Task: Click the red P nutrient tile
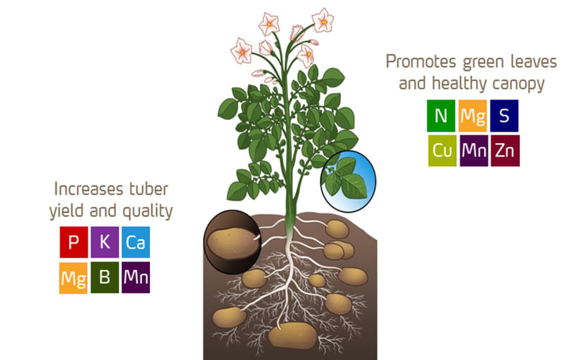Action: [73, 243]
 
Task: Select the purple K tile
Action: [105, 243]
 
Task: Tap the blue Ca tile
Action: [136, 243]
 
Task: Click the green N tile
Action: [441, 115]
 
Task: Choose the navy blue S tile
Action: [504, 115]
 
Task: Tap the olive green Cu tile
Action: [441, 150]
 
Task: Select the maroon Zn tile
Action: [504, 150]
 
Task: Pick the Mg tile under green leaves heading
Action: [473, 115]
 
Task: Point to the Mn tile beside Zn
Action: [473, 150]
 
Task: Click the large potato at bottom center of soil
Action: [291, 333]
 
